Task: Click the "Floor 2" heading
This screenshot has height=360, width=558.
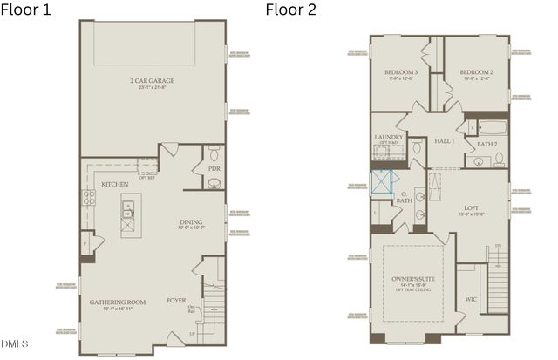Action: click(292, 10)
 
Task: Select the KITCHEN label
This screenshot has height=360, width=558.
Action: click(115, 184)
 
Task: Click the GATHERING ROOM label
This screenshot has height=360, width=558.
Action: click(117, 302)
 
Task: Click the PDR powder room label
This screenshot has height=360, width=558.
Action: click(214, 168)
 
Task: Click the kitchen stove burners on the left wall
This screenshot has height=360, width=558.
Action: click(88, 198)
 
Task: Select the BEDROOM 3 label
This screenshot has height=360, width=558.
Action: click(402, 72)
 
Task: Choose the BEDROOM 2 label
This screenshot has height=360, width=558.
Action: click(477, 72)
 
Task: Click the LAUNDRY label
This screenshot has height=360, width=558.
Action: click(388, 137)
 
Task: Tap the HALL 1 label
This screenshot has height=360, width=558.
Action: click(446, 140)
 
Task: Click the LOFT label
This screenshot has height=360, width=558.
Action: click(472, 208)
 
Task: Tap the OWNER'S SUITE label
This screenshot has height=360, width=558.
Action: click(414, 278)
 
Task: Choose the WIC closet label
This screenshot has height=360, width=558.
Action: click(471, 299)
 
